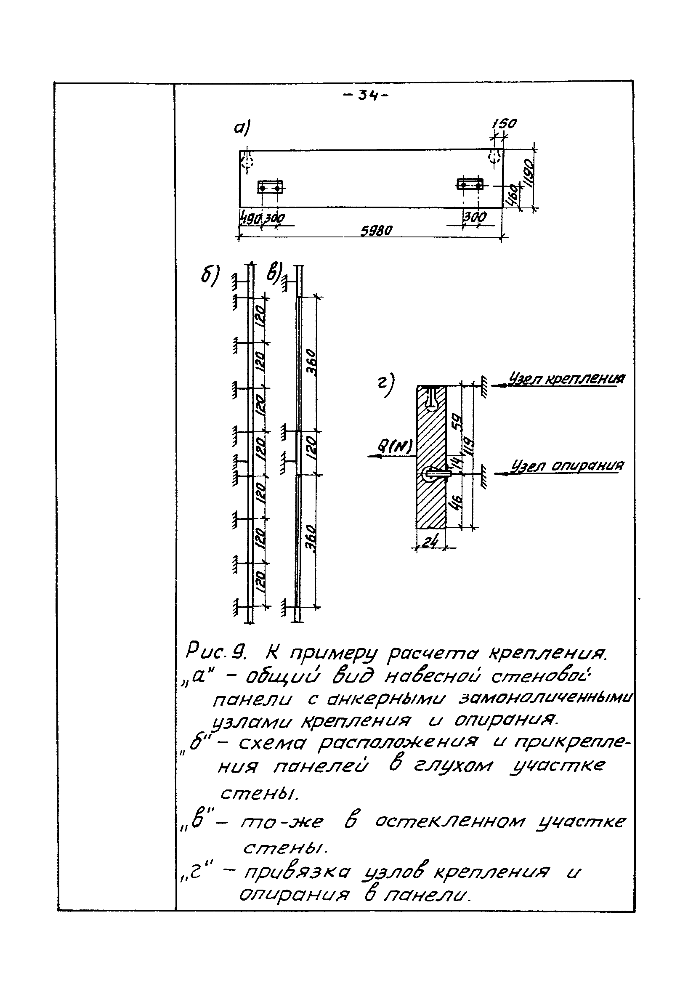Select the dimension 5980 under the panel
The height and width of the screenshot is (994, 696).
[376, 231]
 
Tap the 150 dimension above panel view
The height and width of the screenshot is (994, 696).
[504, 124]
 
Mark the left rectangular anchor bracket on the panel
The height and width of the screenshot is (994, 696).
[270, 187]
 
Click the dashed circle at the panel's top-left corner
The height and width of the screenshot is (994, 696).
[247, 160]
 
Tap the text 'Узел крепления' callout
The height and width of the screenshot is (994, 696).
[566, 379]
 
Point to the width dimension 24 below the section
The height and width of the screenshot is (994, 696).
[430, 542]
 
